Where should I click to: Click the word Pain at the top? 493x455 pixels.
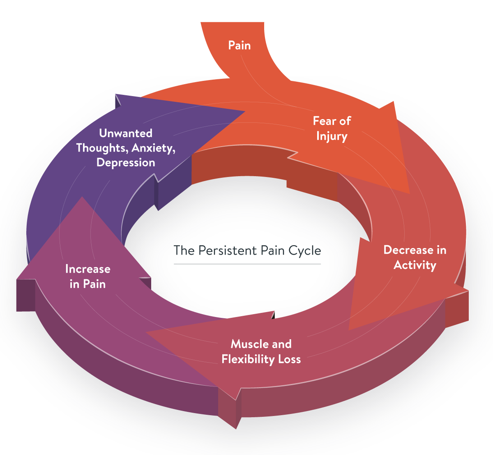click(x=239, y=45)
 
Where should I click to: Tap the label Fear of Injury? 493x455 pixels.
click(x=332, y=129)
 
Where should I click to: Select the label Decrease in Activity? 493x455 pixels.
click(x=415, y=257)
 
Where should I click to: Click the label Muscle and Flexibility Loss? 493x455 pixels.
click(x=261, y=352)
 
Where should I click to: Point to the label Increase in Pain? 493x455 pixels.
click(x=88, y=276)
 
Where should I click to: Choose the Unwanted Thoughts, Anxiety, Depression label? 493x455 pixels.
click(x=126, y=148)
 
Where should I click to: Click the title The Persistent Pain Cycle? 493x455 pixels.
click(x=247, y=250)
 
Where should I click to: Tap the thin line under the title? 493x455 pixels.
click(x=247, y=264)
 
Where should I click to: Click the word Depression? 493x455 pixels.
click(x=126, y=163)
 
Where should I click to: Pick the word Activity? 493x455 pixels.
click(x=415, y=265)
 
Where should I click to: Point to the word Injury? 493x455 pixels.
click(x=332, y=136)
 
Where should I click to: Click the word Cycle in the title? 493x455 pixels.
click(x=304, y=250)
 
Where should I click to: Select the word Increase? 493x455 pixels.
click(x=88, y=269)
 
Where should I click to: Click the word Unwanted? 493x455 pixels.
click(x=126, y=133)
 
